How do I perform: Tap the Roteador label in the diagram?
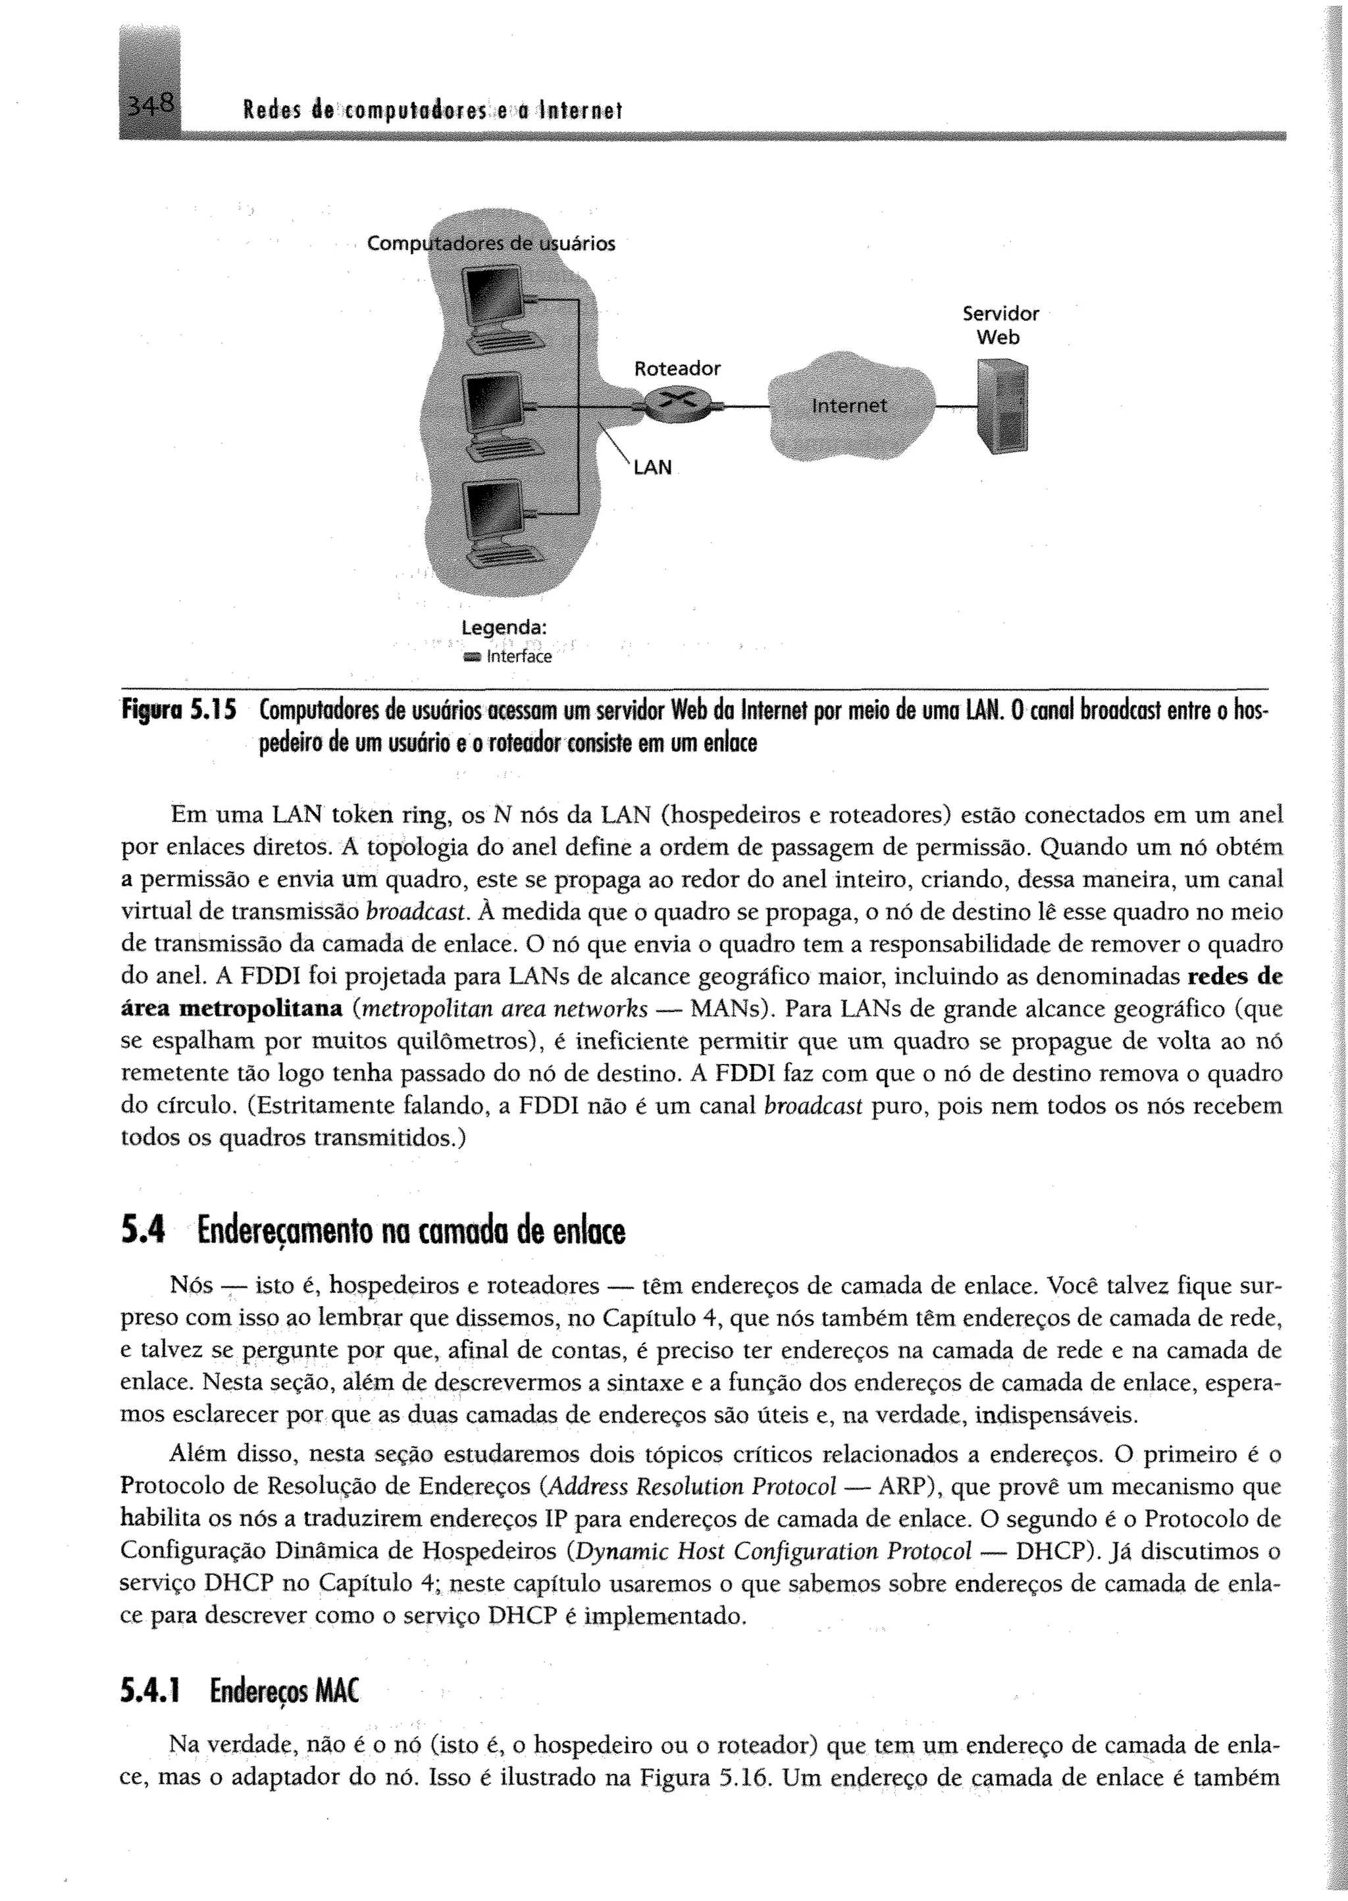tap(677, 368)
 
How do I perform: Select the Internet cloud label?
tap(848, 406)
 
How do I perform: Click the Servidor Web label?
tap(1000, 325)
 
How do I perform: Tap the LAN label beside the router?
tap(652, 468)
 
